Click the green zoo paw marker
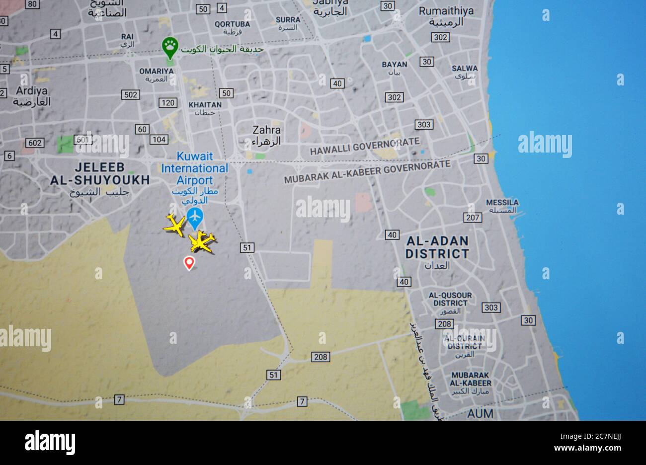pos(170,47)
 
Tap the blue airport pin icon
pos(195,216)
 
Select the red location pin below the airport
pos(189,262)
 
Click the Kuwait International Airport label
pos(195,168)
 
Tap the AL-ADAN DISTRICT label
pos(437,247)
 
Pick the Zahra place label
pos(266,130)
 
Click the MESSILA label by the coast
pos(502,203)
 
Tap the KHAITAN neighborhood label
pos(205,105)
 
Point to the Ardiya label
pos(32,91)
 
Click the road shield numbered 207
pos(472,217)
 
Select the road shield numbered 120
pos(168,103)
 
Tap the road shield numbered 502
pos(130,94)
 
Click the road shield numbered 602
pos(35,143)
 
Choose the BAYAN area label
pos(394,65)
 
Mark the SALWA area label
pos(465,69)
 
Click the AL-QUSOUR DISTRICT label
pos(450,299)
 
